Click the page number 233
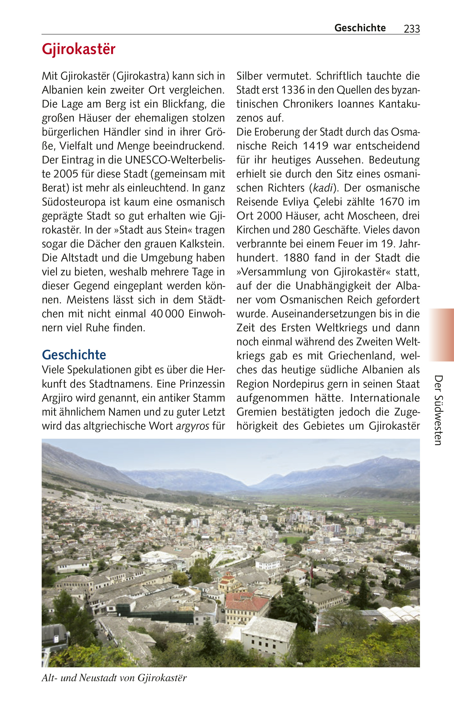[412, 29]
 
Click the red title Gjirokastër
[79, 49]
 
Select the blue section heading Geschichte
[74, 355]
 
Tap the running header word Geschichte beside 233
[360, 28]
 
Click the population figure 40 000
[167, 314]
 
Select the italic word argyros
[192, 426]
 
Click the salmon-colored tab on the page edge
[441, 335]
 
